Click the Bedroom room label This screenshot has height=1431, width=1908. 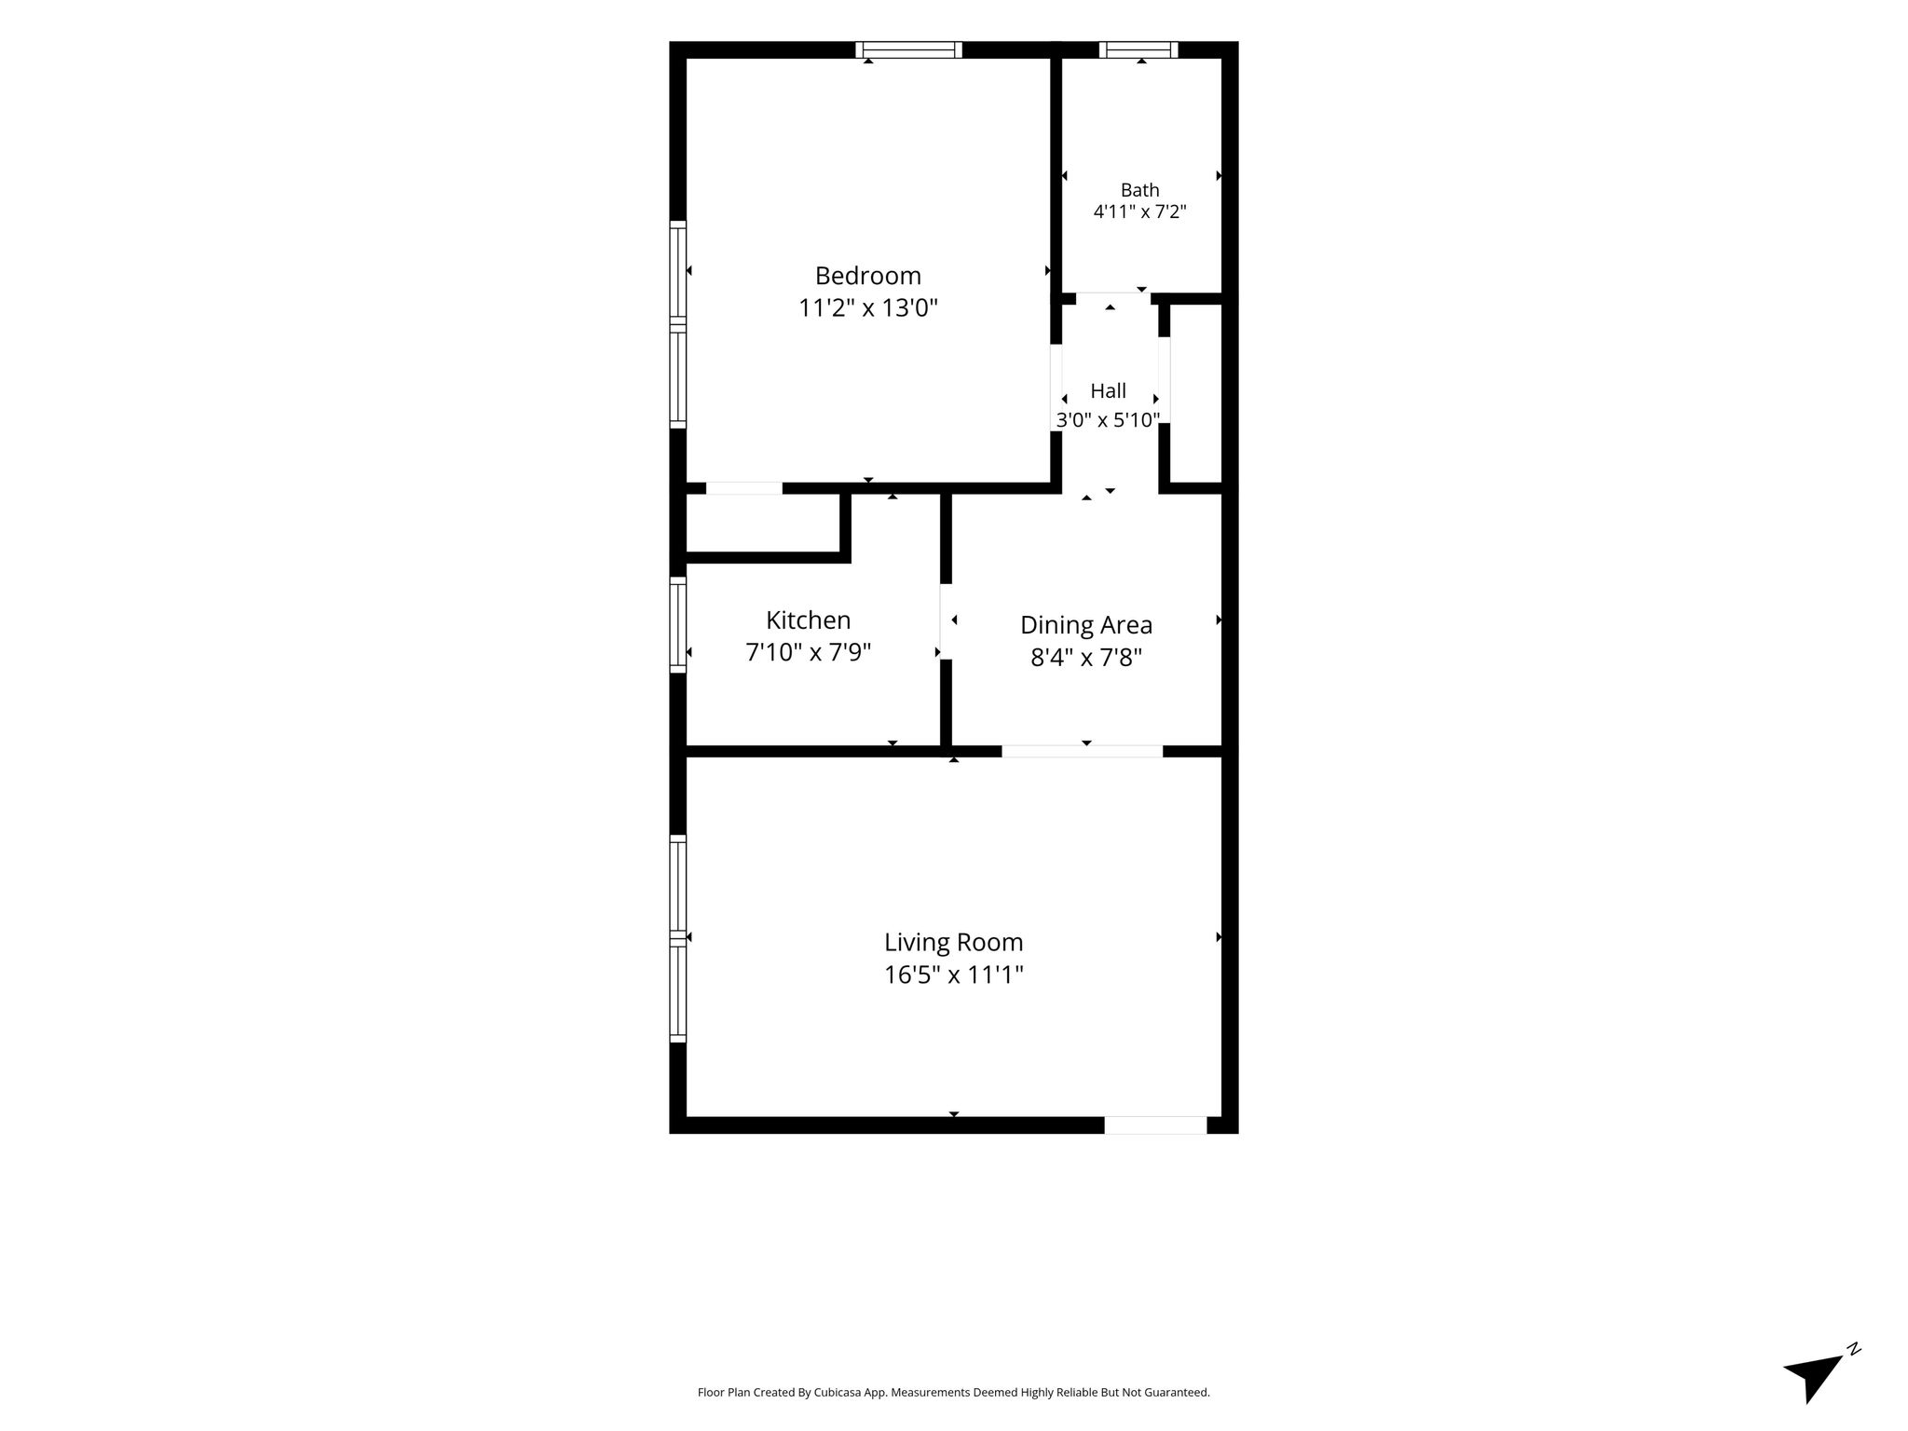[867, 277]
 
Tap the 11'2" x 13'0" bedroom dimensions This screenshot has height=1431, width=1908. [867, 308]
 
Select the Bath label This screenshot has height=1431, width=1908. [1139, 190]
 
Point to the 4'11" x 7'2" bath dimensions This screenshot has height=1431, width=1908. [1139, 211]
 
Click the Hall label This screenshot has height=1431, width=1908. [1108, 391]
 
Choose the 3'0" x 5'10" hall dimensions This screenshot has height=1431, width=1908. [1108, 420]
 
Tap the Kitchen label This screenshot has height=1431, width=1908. [808, 620]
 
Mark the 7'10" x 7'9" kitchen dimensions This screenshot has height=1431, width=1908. [808, 652]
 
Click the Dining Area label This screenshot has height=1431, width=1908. [1085, 625]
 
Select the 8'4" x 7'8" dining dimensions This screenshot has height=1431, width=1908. [1085, 658]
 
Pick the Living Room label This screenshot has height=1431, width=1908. [953, 942]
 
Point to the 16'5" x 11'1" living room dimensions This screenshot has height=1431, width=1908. [953, 975]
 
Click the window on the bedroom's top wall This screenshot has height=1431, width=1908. [908, 49]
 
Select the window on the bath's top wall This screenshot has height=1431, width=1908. [1138, 49]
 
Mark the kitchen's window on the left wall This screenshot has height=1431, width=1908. [678, 625]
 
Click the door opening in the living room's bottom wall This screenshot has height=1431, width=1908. [1155, 1125]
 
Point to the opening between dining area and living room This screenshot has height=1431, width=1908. [1082, 751]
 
